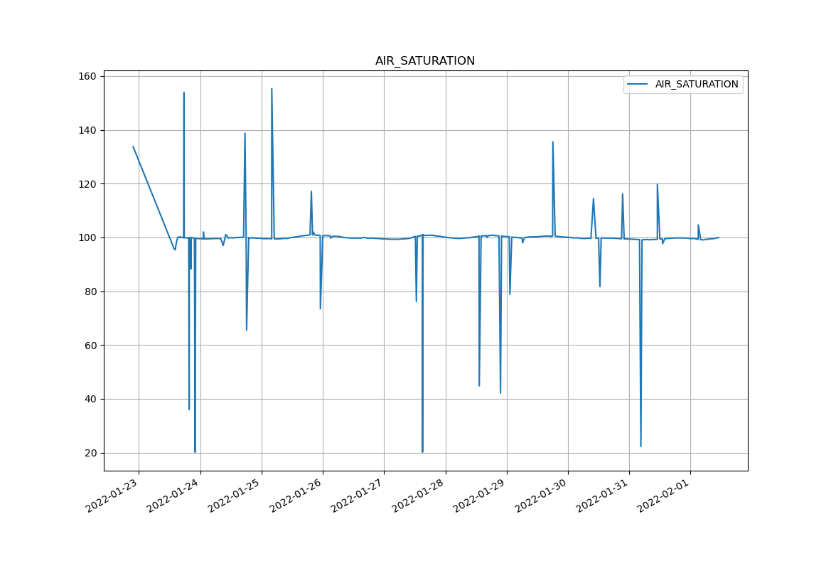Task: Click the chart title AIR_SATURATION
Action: pos(425,61)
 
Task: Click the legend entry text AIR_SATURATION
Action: pos(697,85)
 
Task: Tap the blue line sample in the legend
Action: pos(638,85)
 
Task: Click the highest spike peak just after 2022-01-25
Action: pos(272,89)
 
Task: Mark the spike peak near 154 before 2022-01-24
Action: pos(184,92)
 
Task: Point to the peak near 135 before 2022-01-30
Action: pos(552,142)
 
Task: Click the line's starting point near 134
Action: pos(133,146)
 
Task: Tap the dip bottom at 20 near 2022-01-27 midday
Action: pos(422,452)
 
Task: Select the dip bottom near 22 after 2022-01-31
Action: pos(640,447)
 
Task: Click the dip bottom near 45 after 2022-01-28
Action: pos(479,385)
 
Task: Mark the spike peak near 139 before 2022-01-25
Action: pos(245,134)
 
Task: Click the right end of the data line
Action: pos(718,237)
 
